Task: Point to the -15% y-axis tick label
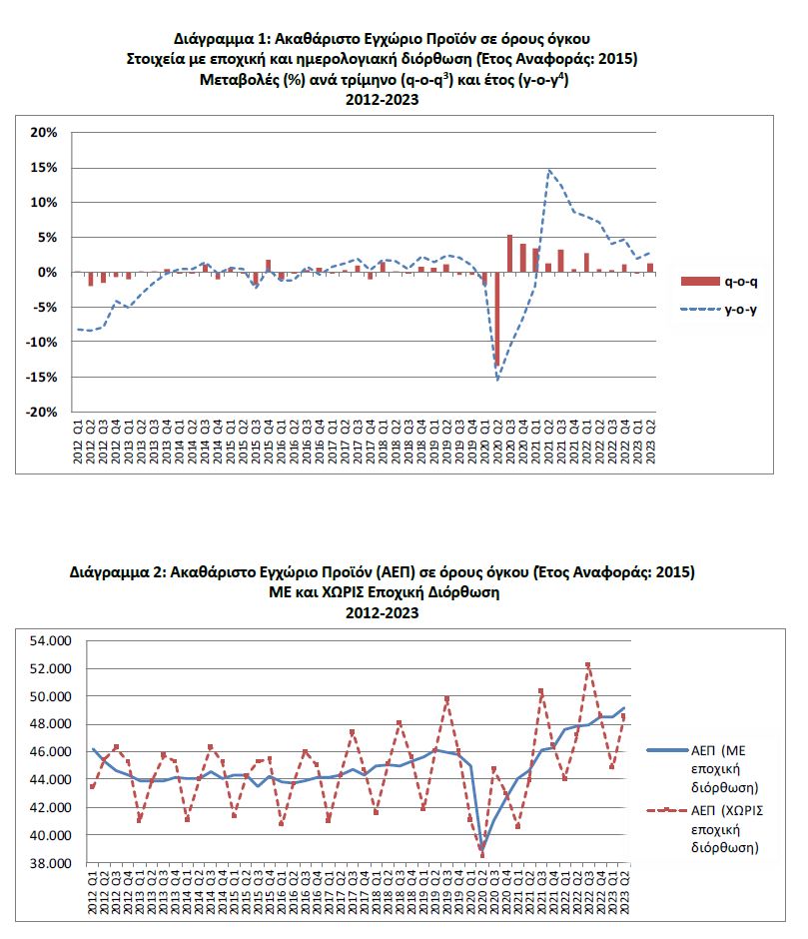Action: [45, 377]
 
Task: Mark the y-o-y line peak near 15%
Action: [548, 171]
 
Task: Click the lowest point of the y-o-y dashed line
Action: [497, 380]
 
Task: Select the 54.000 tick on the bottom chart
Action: [52, 640]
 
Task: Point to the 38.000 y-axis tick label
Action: [52, 863]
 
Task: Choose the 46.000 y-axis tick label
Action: [52, 751]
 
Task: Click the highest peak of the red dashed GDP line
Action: [588, 663]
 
